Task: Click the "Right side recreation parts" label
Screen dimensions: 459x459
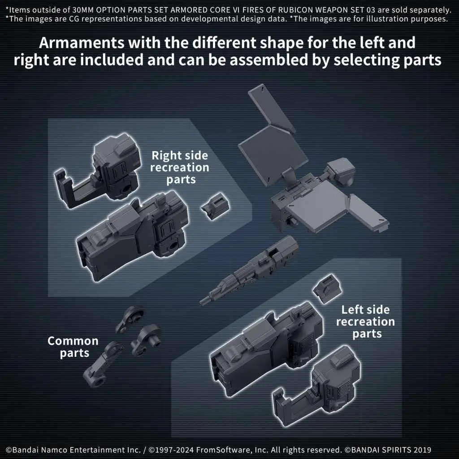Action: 180,168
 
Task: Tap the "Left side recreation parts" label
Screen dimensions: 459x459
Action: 366,322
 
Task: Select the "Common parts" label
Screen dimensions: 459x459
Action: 73,347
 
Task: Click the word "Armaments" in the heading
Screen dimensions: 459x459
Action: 82,43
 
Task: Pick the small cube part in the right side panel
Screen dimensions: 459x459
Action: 216,206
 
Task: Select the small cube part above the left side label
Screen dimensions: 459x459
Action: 327,289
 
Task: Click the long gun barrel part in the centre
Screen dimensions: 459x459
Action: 249,271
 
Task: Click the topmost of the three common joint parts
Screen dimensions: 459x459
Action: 130,319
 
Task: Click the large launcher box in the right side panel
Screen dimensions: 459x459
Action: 132,236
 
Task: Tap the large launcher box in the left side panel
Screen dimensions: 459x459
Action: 266,348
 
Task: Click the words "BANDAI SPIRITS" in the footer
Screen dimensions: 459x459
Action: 380,450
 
